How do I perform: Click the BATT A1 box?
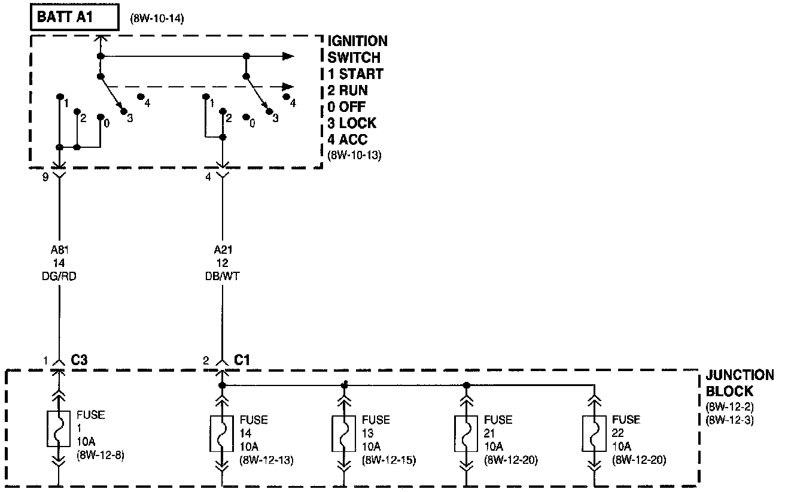click(x=74, y=17)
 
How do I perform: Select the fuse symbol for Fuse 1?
click(x=59, y=429)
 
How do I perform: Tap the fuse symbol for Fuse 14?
click(x=222, y=433)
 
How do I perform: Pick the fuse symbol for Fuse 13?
click(x=344, y=433)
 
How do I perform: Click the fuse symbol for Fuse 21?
click(x=467, y=433)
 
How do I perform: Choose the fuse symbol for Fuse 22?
click(x=594, y=433)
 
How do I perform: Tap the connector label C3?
click(x=80, y=360)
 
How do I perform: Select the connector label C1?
click(x=242, y=360)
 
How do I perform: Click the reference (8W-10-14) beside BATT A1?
click(x=156, y=19)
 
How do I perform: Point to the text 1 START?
click(x=355, y=75)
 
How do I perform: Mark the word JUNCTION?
click(x=740, y=376)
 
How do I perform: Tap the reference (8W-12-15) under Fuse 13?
click(x=389, y=460)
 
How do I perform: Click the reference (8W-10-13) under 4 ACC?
click(x=354, y=154)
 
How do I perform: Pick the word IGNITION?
click(x=357, y=41)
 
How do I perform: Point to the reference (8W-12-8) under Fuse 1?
click(x=101, y=454)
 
